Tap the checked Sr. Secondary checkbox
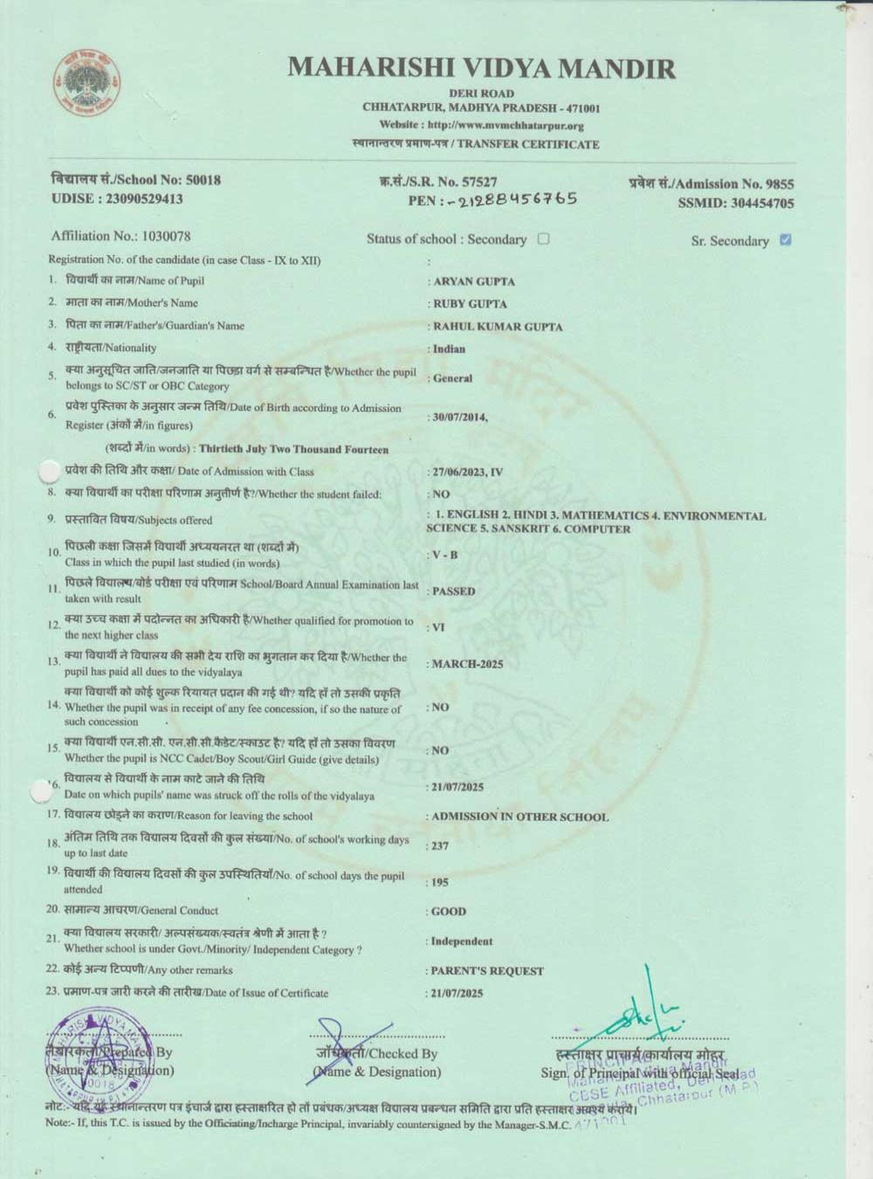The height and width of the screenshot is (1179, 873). coord(786,239)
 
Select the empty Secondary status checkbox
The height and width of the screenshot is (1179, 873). coord(544,238)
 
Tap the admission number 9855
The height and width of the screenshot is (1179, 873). coord(779,183)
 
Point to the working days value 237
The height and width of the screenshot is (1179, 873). coord(441,845)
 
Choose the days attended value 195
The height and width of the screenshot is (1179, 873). coord(441,882)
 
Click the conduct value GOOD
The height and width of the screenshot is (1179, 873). coord(449,911)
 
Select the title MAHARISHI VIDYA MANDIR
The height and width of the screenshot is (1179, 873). coord(481,67)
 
